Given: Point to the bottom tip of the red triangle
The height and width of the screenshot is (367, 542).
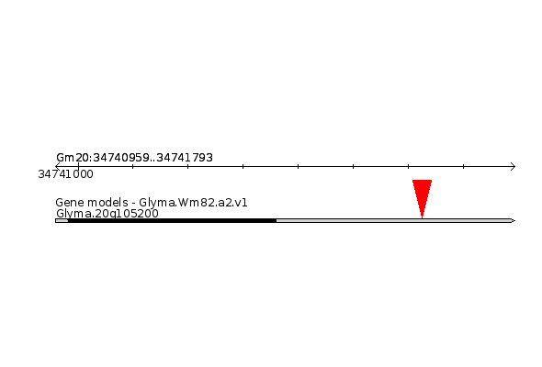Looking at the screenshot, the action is [422, 217].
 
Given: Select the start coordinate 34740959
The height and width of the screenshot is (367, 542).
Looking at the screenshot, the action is [121, 158].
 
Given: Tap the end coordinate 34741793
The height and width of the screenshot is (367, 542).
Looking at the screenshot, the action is [185, 158].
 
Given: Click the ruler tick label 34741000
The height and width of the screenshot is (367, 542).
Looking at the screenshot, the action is [65, 174].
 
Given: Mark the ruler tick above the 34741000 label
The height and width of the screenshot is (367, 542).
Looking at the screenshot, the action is [78, 166].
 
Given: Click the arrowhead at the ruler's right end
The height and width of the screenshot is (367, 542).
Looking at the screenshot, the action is [513, 166].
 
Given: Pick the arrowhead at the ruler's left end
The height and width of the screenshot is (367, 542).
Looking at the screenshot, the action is [58, 166].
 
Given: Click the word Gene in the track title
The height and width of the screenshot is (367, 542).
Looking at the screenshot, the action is [67, 203].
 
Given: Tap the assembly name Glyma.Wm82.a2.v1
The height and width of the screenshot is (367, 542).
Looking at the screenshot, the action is [193, 203].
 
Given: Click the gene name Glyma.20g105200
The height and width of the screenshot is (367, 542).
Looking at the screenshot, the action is [107, 214].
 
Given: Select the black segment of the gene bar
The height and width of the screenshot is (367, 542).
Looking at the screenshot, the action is [172, 220].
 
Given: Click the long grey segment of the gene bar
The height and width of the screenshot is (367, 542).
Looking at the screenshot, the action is [394, 220].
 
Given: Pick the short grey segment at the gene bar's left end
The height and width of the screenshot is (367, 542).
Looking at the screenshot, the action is [62, 220].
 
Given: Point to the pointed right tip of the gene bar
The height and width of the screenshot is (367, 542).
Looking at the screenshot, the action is [514, 220].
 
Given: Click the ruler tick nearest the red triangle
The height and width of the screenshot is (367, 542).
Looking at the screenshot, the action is [408, 166].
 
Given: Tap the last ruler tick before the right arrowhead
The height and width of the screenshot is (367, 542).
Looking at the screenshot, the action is [463, 166].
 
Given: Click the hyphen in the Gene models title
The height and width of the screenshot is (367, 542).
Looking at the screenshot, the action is [133, 204].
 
